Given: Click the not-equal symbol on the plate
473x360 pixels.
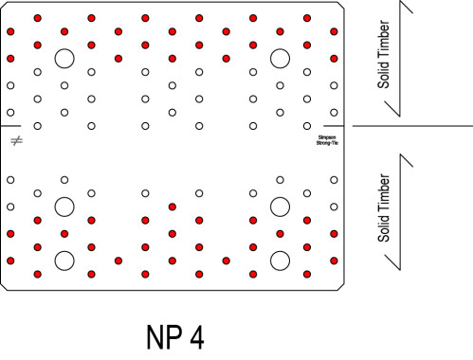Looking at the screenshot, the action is point(15,141).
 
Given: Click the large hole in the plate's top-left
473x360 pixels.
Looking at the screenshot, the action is point(64,59).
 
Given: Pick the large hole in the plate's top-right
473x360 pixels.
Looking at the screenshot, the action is point(280,59).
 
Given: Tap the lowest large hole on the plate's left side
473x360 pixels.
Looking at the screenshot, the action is point(64,261).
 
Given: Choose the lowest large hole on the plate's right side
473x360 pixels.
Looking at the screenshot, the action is point(280,261).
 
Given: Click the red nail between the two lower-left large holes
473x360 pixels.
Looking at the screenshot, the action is point(64,233).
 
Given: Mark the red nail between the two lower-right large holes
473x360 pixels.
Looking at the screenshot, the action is point(280,233).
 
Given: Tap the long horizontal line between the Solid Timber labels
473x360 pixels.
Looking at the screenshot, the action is point(412,125).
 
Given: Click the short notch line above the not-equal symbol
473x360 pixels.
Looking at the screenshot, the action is point(10,125).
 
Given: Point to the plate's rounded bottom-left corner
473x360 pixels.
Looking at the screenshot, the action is point(5,286).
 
